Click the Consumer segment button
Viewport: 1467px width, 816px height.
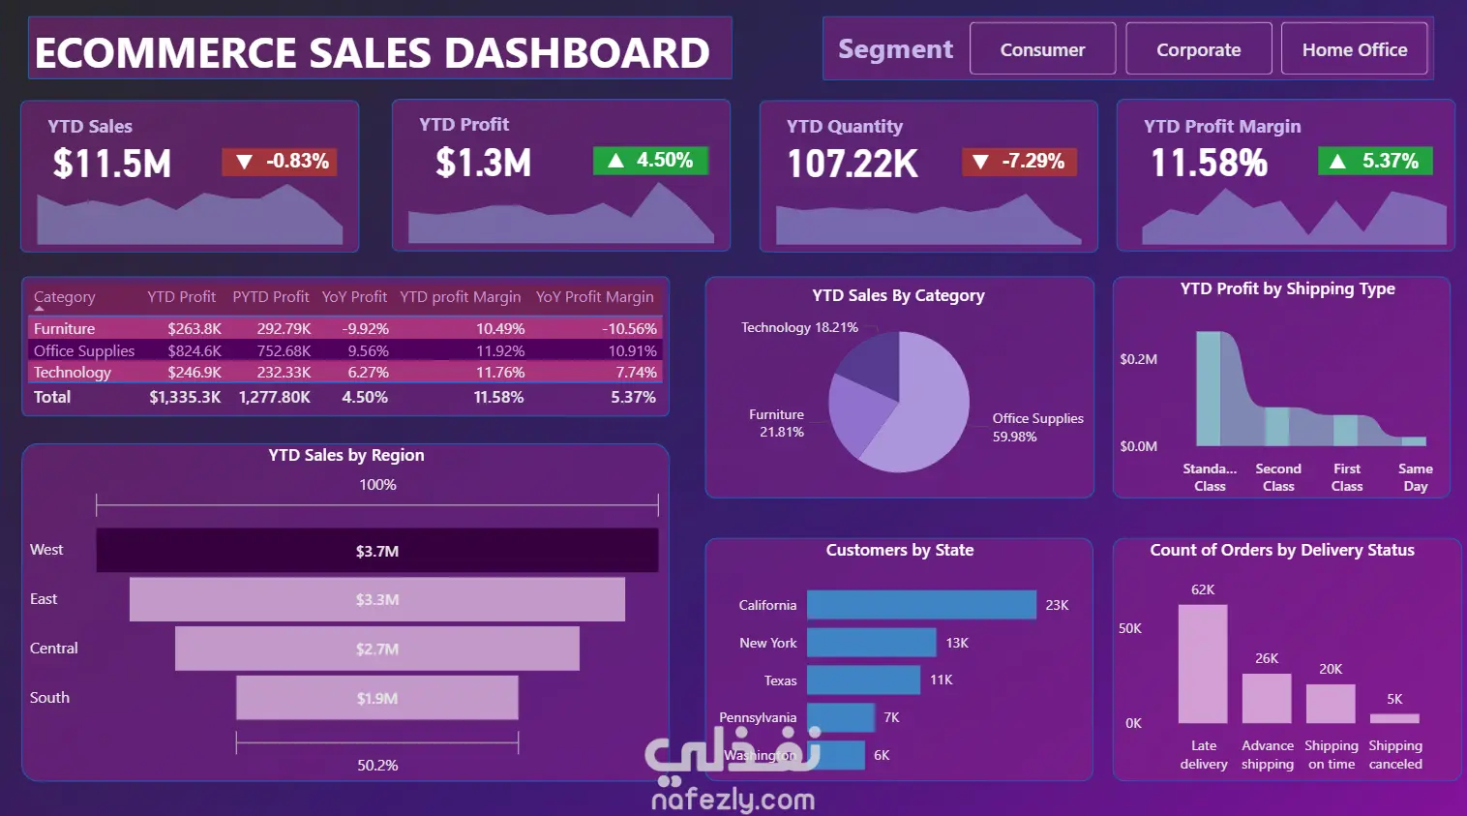click(x=1042, y=49)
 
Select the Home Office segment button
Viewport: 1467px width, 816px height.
click(x=1354, y=49)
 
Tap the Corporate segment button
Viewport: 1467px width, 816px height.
click(x=1198, y=49)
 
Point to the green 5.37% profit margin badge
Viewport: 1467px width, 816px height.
click(x=1375, y=161)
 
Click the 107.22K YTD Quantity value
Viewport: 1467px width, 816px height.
click(x=853, y=164)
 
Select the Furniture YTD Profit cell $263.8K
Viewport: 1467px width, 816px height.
click(x=194, y=329)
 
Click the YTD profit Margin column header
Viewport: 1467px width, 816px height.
click(x=460, y=297)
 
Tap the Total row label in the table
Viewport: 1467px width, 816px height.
click(x=52, y=397)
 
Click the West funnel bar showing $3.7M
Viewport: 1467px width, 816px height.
click(x=377, y=551)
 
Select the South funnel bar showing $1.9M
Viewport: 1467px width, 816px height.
click(x=377, y=698)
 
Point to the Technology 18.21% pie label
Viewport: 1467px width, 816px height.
click(x=799, y=327)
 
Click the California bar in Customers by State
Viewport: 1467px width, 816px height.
click(x=921, y=605)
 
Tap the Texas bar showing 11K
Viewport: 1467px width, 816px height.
click(x=863, y=680)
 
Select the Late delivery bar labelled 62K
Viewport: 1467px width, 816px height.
click(x=1203, y=664)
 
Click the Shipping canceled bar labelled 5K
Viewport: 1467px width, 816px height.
click(x=1394, y=718)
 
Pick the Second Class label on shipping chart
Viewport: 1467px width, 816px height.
click(x=1278, y=477)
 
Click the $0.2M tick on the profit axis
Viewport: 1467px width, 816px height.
click(x=1138, y=359)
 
